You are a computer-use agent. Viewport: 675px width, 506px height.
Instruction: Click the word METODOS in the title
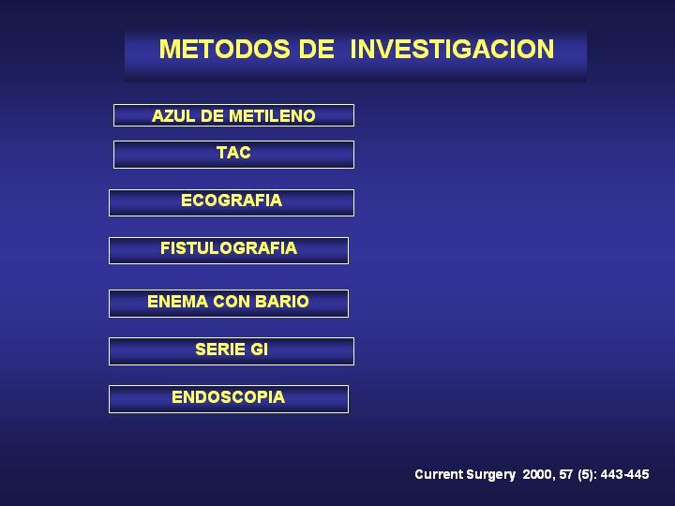coord(225,49)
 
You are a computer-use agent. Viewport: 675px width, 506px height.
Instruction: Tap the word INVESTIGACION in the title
coord(452,49)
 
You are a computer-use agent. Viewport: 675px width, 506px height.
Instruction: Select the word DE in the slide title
coord(317,49)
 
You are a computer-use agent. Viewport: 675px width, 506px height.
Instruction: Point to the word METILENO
coord(272,116)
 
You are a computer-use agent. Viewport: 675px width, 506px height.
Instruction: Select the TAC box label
coord(233,153)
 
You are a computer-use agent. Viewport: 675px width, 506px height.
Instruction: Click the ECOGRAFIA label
coord(232,201)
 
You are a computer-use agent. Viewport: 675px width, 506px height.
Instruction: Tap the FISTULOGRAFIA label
coord(229,248)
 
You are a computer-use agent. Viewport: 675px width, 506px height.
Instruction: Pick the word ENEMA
coord(178,302)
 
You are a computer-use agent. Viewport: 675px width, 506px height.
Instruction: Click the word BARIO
coord(282,302)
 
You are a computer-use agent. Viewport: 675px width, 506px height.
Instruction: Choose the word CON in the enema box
coord(232,302)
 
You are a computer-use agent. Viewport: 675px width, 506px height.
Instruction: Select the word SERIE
coord(220,350)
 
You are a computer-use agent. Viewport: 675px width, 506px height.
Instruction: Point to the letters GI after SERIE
coord(260,350)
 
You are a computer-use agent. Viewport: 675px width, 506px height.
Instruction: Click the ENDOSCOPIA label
coord(228,397)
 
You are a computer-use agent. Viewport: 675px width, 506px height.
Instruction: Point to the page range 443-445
coord(625,474)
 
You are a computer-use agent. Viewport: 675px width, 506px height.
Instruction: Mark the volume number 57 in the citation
coord(566,474)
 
